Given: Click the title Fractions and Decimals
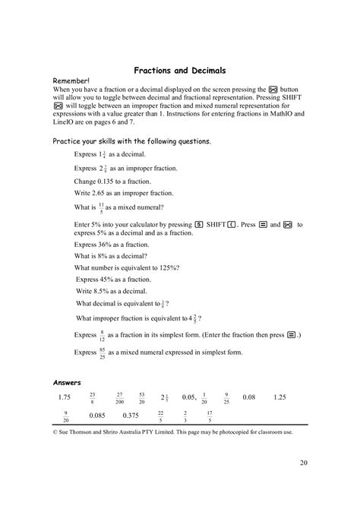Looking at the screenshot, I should click(x=180, y=70).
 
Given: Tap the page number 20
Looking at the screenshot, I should click(x=303, y=462).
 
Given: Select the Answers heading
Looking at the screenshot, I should click(x=68, y=382).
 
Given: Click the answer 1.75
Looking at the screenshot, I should click(x=64, y=397).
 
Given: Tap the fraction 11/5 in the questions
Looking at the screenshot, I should click(x=102, y=207).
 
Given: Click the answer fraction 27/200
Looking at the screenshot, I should click(x=119, y=397).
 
